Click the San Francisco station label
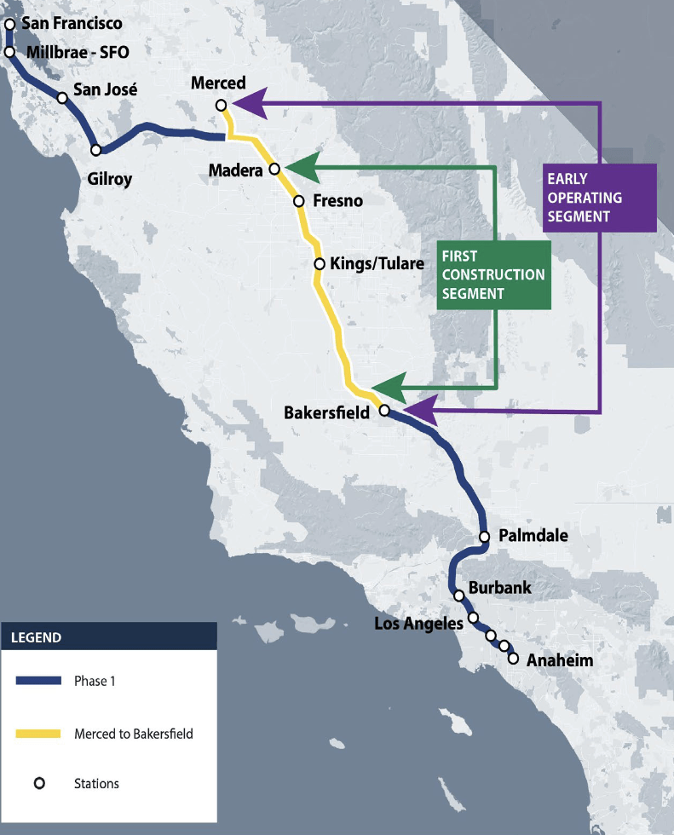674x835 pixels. (x=72, y=23)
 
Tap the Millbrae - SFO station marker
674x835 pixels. (x=10, y=52)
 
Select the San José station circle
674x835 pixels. (x=62, y=97)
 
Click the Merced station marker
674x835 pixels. (x=221, y=106)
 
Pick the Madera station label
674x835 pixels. (x=235, y=171)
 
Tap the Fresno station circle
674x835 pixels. (x=299, y=201)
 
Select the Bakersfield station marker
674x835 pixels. (x=383, y=410)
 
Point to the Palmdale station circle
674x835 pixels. (x=484, y=537)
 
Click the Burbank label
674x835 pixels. (x=500, y=588)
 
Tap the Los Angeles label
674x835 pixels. (x=418, y=624)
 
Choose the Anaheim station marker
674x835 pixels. (x=513, y=658)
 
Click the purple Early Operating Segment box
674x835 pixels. (x=599, y=198)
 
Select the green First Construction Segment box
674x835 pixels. (x=493, y=274)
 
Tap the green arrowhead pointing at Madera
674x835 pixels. (x=301, y=167)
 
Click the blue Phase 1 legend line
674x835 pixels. (x=39, y=680)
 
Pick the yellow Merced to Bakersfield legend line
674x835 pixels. (x=39, y=733)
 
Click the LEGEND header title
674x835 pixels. (x=36, y=636)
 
